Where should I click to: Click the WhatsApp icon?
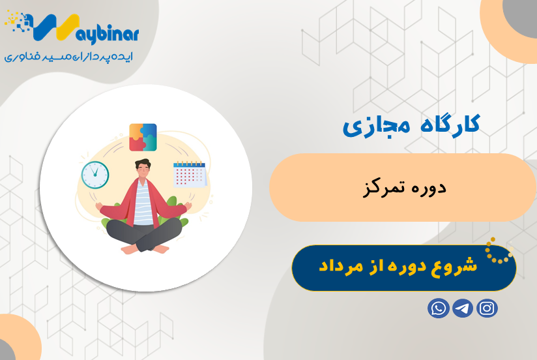click(438, 308)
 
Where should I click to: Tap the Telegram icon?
click(463, 308)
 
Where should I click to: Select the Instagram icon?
click(487, 308)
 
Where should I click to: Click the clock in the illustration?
click(95, 174)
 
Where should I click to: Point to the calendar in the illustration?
click(189, 174)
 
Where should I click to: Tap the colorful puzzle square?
click(143, 137)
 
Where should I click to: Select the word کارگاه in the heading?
click(446, 124)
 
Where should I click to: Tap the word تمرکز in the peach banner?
click(381, 188)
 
